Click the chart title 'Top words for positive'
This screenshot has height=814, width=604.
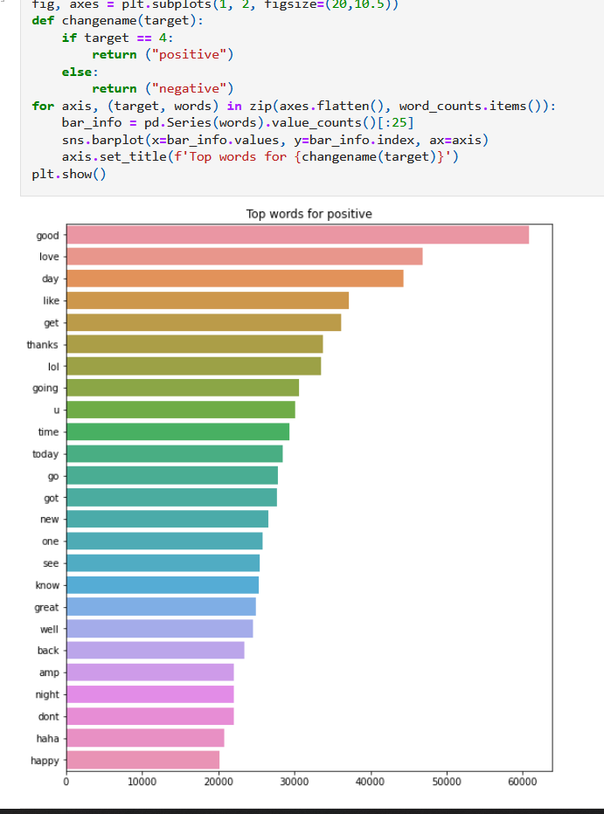(x=309, y=214)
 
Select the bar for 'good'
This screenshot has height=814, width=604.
(x=297, y=235)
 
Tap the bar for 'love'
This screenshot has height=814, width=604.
(x=244, y=257)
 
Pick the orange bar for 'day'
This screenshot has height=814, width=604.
(x=234, y=279)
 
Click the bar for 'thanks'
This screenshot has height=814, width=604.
(x=194, y=344)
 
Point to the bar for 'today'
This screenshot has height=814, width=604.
(x=174, y=454)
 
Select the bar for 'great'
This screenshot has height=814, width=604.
(x=161, y=607)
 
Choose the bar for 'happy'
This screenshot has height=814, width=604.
(x=142, y=761)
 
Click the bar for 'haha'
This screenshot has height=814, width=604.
(x=145, y=739)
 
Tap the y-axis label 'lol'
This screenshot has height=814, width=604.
(x=52, y=367)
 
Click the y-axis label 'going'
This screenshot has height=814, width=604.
(x=45, y=389)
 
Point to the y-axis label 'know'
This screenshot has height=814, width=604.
(x=47, y=585)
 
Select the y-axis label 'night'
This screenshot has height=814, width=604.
(x=47, y=695)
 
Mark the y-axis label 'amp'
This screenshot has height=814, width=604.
(x=49, y=673)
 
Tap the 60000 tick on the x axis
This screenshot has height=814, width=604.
(x=522, y=781)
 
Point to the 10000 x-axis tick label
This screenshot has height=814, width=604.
(x=142, y=781)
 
